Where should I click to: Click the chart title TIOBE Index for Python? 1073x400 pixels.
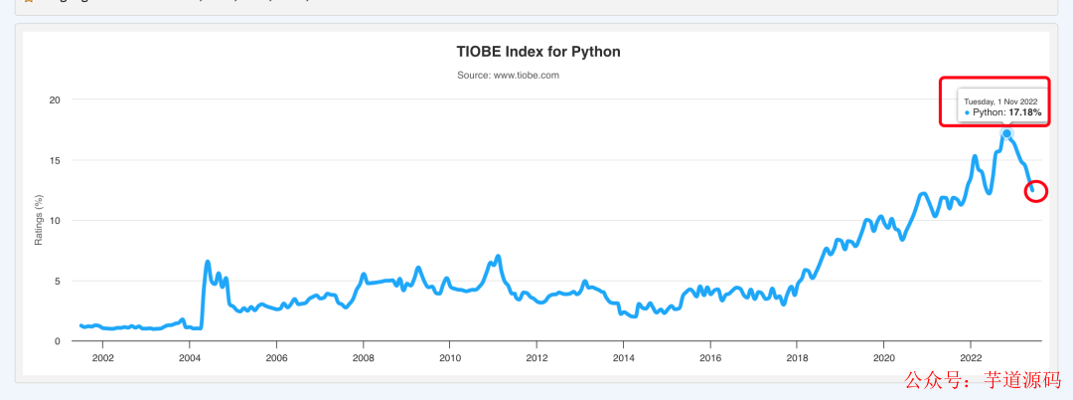(537, 52)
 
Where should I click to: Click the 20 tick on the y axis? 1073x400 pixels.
(55, 100)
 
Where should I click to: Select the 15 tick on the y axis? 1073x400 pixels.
(55, 160)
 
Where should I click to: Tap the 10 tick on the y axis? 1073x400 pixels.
(55, 220)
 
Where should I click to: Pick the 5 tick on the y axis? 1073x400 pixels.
(58, 281)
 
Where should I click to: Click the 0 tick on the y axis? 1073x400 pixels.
(58, 341)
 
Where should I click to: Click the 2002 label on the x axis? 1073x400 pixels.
(102, 358)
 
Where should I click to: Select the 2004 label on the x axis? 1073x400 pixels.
(190, 358)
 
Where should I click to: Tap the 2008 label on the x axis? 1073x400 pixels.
(364, 358)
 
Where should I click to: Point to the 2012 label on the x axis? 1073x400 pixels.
(536, 358)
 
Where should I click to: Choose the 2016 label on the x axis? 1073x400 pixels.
(710, 358)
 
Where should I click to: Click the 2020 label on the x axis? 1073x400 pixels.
(884, 358)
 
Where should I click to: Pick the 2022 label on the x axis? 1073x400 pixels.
(971, 358)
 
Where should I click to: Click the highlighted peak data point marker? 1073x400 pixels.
(1006, 133)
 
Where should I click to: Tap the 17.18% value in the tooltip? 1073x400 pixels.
(1025, 113)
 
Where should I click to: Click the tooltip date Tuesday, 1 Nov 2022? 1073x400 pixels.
(1000, 101)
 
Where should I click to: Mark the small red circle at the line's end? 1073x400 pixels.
(1035, 190)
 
